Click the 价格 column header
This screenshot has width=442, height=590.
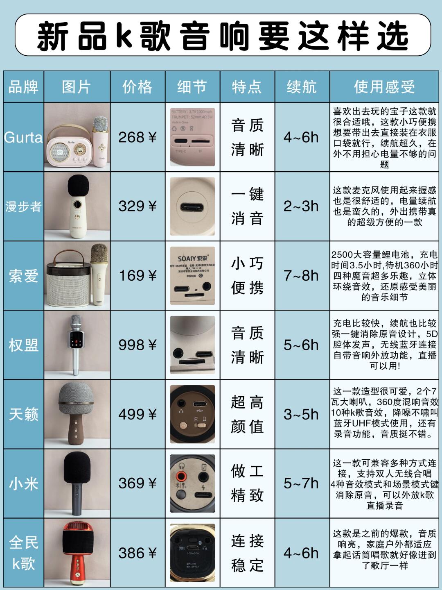click(138, 87)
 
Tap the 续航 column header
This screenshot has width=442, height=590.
click(302, 87)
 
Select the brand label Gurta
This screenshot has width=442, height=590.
click(23, 137)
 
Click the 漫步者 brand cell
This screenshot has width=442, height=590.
click(23, 206)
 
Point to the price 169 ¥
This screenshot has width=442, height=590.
click(138, 276)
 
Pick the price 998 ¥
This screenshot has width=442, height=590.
click(138, 345)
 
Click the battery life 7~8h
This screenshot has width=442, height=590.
click(302, 276)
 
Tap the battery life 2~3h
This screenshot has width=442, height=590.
click(302, 206)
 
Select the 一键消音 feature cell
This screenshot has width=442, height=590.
click(247, 206)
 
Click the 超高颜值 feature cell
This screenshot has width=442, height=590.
click(247, 414)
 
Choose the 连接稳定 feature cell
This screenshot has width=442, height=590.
click(247, 553)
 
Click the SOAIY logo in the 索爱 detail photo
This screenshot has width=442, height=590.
click(192, 259)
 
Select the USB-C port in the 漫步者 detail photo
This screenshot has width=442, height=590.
click(192, 207)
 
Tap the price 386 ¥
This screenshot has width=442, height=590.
click(138, 553)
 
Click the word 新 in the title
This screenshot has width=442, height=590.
click(52, 36)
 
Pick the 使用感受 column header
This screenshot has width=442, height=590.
click(384, 87)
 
